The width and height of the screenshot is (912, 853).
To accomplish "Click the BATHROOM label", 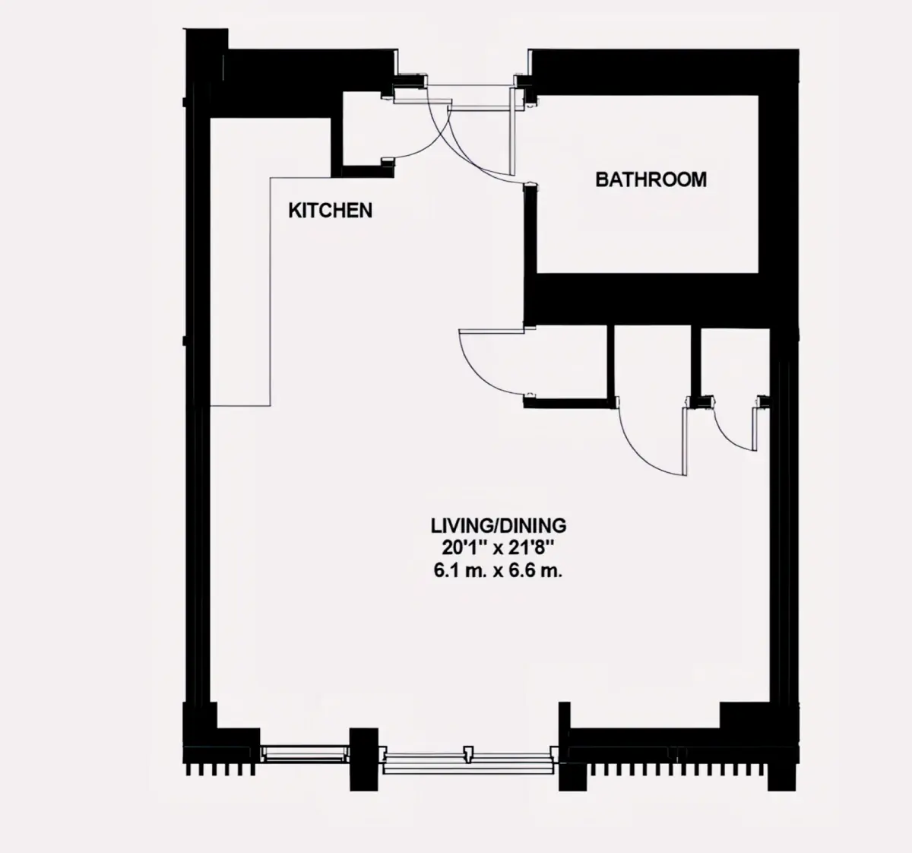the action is tap(651, 179).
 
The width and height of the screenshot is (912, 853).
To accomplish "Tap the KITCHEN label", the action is tap(330, 211).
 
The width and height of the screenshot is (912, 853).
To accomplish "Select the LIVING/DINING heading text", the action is tap(499, 526).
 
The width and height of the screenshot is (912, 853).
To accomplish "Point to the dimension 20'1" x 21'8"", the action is tap(499, 548).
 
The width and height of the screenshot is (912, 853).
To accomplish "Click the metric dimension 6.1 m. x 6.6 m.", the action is tap(499, 571).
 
